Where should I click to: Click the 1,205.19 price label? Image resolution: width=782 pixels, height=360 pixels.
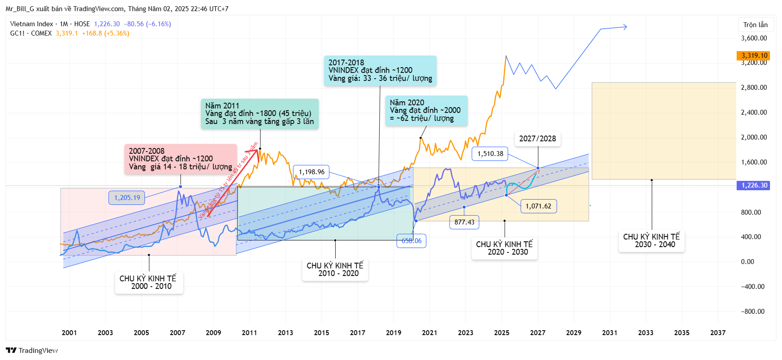[127, 198]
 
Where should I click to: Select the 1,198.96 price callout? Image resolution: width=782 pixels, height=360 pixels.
[311, 172]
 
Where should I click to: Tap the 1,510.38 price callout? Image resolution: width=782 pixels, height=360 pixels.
[490, 154]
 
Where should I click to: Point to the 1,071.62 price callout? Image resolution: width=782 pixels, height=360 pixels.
[538, 206]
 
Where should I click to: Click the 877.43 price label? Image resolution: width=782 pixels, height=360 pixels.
[464, 222]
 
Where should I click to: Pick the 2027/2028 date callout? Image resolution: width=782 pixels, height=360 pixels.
[537, 139]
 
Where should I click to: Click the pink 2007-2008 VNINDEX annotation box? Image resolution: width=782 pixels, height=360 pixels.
[180, 159]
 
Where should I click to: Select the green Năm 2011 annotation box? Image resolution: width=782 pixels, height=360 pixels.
[260, 114]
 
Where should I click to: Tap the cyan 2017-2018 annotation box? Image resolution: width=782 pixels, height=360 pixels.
[380, 71]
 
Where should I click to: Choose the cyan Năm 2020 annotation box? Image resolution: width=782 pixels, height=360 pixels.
[426, 111]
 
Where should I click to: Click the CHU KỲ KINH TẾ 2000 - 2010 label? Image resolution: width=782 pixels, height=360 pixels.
[148, 282]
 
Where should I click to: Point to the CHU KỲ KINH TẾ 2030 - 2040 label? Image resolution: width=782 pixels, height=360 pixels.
[651, 240]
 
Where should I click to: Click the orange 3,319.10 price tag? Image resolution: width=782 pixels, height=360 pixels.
[754, 56]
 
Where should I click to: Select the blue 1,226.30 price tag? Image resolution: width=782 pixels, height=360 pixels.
[754, 185]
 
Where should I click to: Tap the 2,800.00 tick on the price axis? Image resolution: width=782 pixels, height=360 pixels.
[754, 88]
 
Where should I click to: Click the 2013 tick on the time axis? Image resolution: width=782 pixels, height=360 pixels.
[285, 333]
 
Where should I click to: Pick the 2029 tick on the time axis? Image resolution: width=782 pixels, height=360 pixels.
[573, 333]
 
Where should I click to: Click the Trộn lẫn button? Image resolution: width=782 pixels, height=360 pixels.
[755, 25]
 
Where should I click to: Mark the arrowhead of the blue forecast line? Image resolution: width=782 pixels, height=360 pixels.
[626, 27]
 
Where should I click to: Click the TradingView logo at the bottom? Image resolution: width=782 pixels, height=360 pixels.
[32, 350]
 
